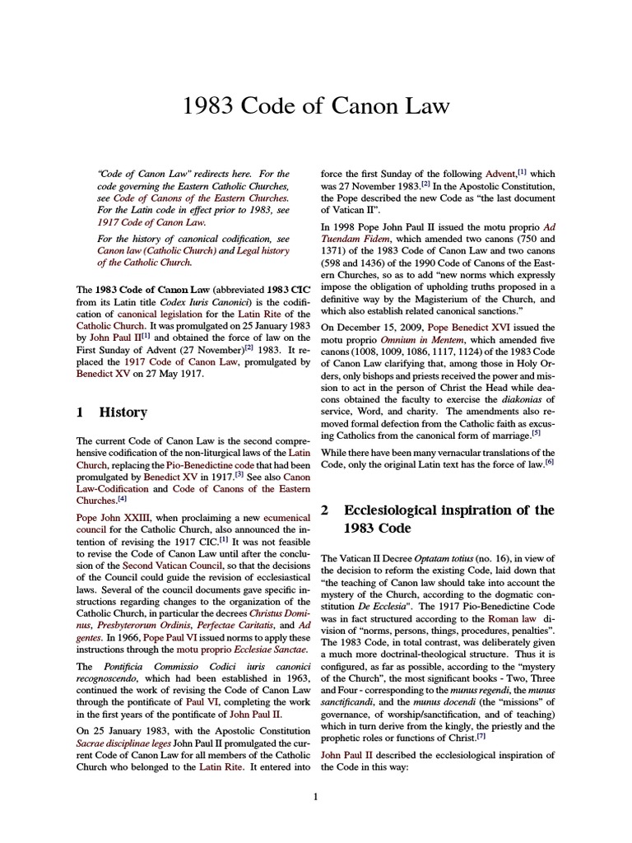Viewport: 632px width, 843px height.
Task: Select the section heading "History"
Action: click(x=123, y=412)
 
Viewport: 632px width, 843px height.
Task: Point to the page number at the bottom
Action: click(x=315, y=796)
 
